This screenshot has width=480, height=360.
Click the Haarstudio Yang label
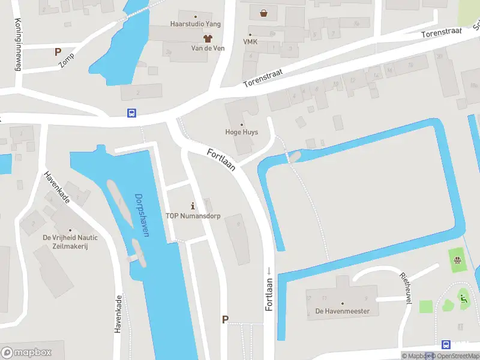coord(196,24)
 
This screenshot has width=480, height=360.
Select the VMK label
coord(250,41)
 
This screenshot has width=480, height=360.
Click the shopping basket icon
coord(263,13)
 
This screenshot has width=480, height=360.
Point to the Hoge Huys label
coord(241,132)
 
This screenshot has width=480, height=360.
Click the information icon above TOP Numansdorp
coord(193,206)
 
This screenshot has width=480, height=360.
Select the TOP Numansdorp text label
coord(193,216)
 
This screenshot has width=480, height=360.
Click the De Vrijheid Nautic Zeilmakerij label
coord(70,242)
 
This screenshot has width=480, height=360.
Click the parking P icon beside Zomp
coord(58,52)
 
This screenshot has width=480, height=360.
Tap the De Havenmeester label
coord(343,311)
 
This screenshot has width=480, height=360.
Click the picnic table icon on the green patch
coord(458,260)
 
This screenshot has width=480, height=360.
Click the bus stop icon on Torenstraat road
coord(131,113)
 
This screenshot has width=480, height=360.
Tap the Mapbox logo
coord(26,352)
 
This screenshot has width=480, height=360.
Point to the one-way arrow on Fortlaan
coord(269,271)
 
